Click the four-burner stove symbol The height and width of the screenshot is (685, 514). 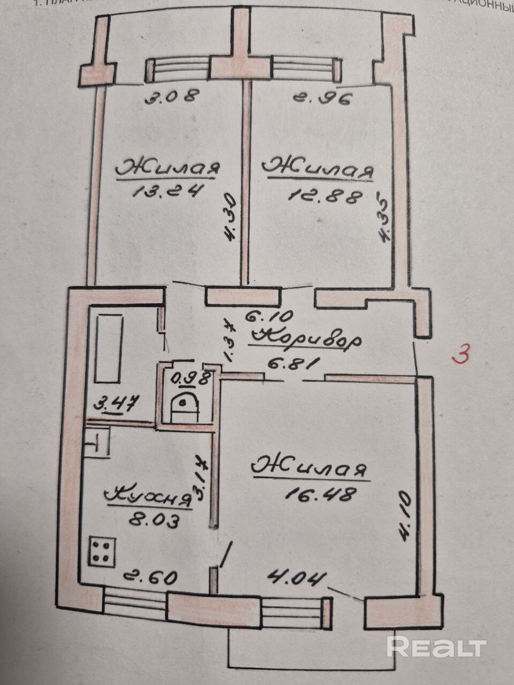(102, 551)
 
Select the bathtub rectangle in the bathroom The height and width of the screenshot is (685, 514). (109, 348)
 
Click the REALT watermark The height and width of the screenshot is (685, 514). (436, 647)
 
